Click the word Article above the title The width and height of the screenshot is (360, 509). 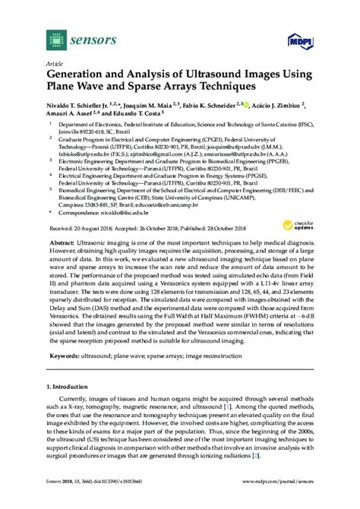tap(55, 63)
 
